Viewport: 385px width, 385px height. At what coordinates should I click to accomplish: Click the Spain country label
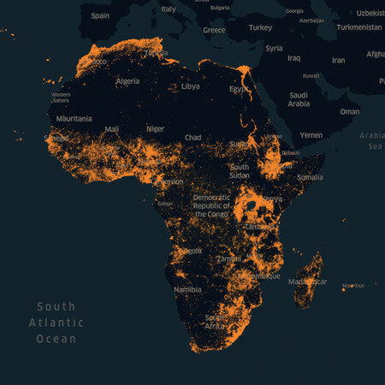point(100,15)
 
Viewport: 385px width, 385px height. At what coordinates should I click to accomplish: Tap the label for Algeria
point(127,81)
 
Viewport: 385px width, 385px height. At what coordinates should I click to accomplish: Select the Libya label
point(190,86)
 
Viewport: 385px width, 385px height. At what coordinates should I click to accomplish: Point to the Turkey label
point(260,27)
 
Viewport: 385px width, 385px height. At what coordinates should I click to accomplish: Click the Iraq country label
point(294,58)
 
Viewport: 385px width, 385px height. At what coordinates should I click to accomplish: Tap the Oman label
point(349,111)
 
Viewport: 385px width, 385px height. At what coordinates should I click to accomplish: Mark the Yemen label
point(311,135)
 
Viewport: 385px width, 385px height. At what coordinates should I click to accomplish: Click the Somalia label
point(310,177)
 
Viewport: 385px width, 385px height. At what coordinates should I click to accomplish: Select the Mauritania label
point(74,119)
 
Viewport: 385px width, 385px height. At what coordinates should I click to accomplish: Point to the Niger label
point(155,129)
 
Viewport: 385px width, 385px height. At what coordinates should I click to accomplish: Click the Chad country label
point(193,138)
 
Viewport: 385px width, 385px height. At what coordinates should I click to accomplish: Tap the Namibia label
point(187,290)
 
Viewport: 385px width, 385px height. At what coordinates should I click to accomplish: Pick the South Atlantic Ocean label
point(56,323)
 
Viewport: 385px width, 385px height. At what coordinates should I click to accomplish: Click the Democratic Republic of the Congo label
point(211,205)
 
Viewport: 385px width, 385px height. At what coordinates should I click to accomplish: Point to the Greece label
point(214,30)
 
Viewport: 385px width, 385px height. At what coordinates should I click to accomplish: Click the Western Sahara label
point(61,98)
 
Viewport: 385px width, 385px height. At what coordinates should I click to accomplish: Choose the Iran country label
point(339,61)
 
